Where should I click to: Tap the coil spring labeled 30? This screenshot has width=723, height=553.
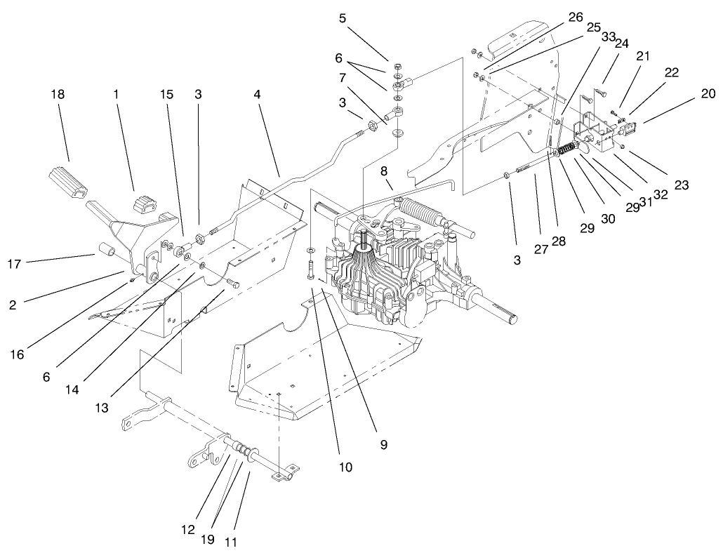571,148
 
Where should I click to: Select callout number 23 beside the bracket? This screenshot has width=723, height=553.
680,186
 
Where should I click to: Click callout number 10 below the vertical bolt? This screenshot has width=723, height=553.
344,466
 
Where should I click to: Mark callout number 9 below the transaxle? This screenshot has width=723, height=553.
384,444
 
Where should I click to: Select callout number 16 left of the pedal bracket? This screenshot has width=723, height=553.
17,354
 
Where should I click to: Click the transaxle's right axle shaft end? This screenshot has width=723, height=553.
510,320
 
